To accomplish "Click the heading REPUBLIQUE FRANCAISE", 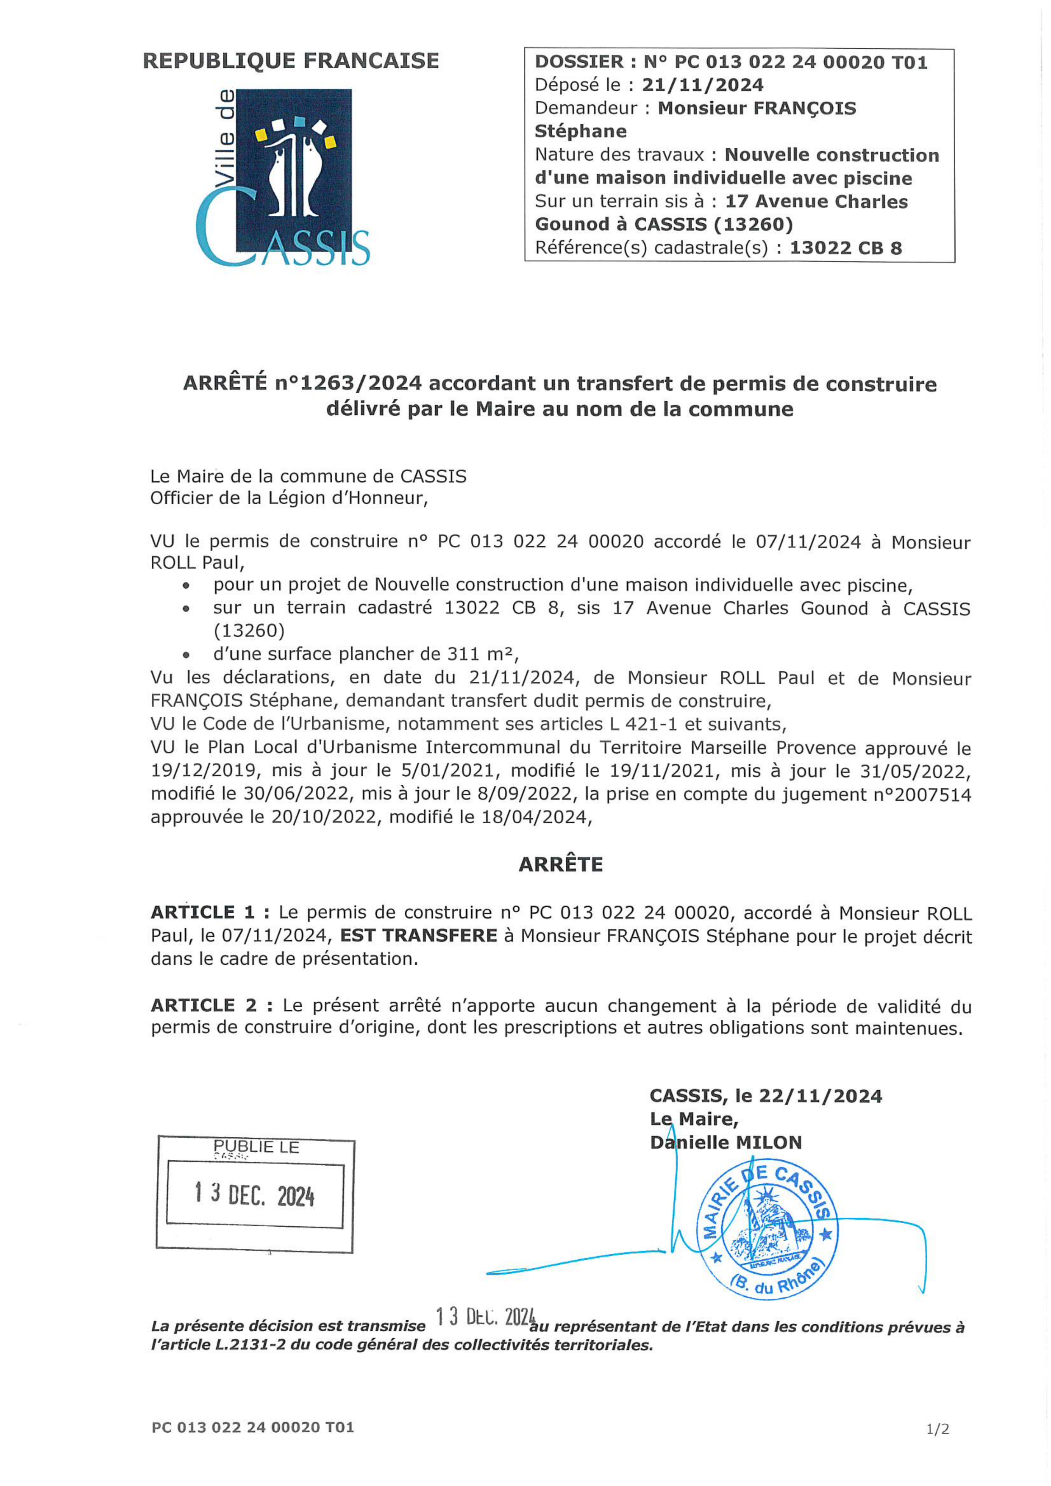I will point(291,61).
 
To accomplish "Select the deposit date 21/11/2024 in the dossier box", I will point(702,85).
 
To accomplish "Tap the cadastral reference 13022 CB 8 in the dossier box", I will point(845,248).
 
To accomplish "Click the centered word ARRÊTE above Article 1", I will point(560,865).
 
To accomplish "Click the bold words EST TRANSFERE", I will point(419,936).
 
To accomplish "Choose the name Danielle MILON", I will point(726,1142).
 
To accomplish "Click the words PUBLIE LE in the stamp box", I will point(256,1147).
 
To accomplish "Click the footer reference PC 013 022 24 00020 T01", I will point(253,1427).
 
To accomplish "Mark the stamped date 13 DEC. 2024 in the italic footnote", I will point(485,1317).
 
